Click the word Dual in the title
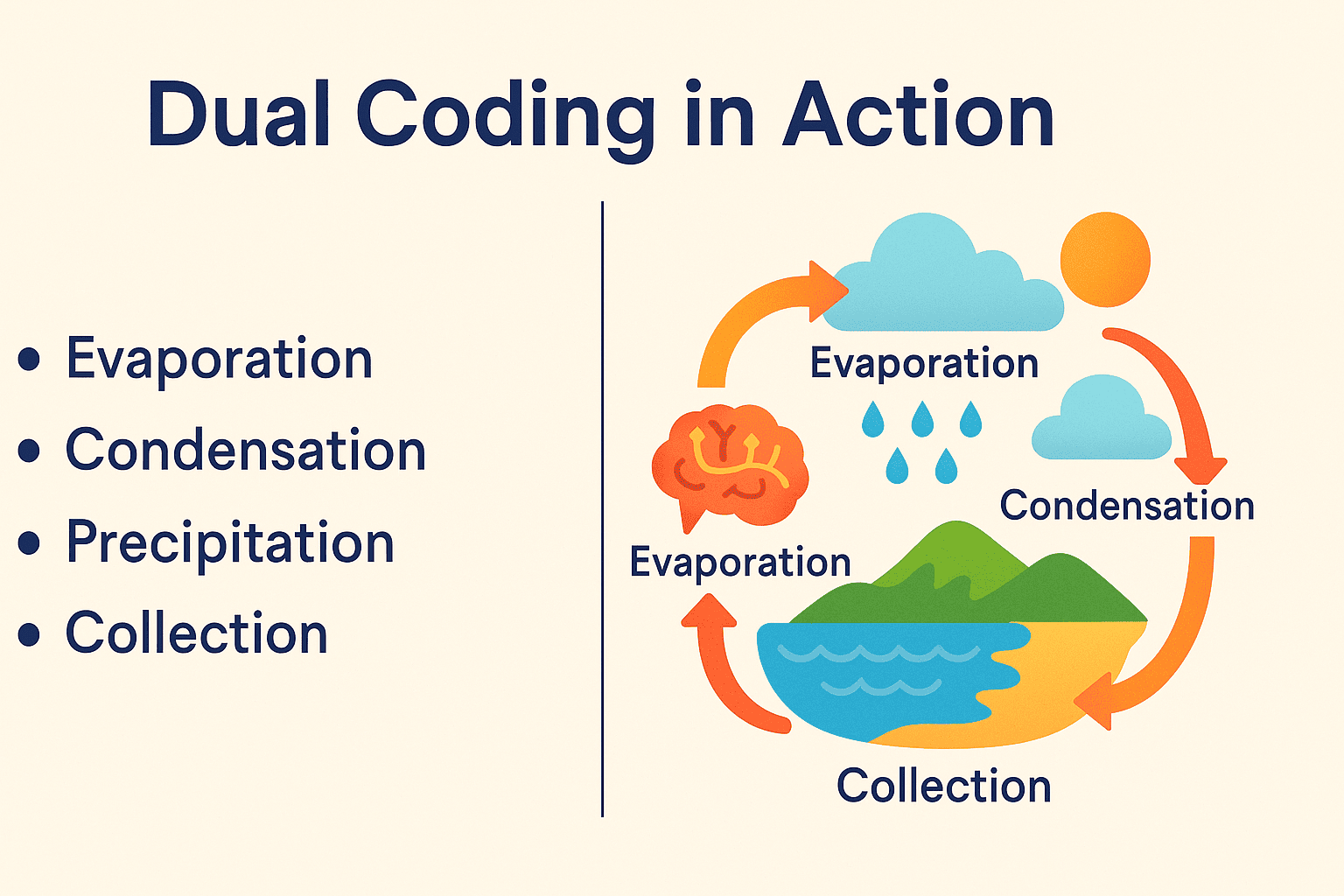pos(238,114)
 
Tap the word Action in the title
pos(918,114)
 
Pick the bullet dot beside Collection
pos(29,634)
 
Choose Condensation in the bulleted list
pos(245,450)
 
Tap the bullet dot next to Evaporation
pos(29,359)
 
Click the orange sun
pos(1105,259)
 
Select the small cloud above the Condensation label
pos(1102,420)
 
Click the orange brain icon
pos(730,466)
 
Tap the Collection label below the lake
pos(944,786)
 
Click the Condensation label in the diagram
pos(1127,506)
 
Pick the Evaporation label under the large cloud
pos(924,364)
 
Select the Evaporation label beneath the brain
pos(739,563)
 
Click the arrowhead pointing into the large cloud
pos(827,291)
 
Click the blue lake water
pos(888,678)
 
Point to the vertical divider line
pos(602,509)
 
